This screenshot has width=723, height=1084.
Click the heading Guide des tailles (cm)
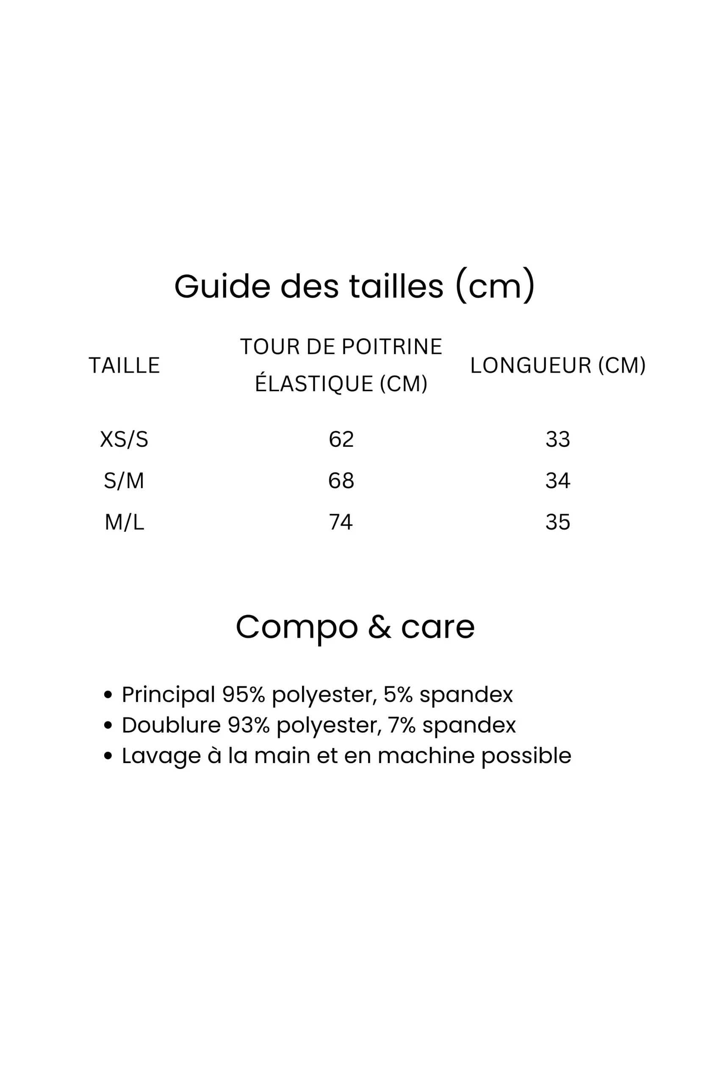click(x=354, y=286)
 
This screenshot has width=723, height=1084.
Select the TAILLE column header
click(x=124, y=365)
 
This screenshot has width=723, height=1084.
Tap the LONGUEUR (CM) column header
click(x=557, y=365)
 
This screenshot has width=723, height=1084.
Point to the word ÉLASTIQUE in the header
click(x=314, y=384)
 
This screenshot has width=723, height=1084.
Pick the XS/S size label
click(x=124, y=439)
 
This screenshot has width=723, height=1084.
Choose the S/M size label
click(x=124, y=481)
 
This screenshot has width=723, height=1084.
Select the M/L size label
click(x=124, y=522)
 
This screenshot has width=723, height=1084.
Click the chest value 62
click(x=341, y=439)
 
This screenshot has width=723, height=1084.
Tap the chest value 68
click(x=341, y=481)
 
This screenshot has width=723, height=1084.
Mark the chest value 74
click(x=341, y=522)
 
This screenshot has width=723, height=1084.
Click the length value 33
click(x=558, y=439)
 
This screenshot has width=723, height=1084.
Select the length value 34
click(x=558, y=481)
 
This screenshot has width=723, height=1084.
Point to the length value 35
click(x=558, y=522)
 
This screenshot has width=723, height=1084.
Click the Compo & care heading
click(x=355, y=627)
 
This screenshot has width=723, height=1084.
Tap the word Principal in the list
click(x=168, y=694)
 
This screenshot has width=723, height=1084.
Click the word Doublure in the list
click(x=171, y=725)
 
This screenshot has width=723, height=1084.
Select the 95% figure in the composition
click(x=244, y=694)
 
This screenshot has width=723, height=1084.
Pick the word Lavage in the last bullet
click(x=161, y=756)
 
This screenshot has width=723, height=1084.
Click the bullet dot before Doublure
click(x=108, y=725)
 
